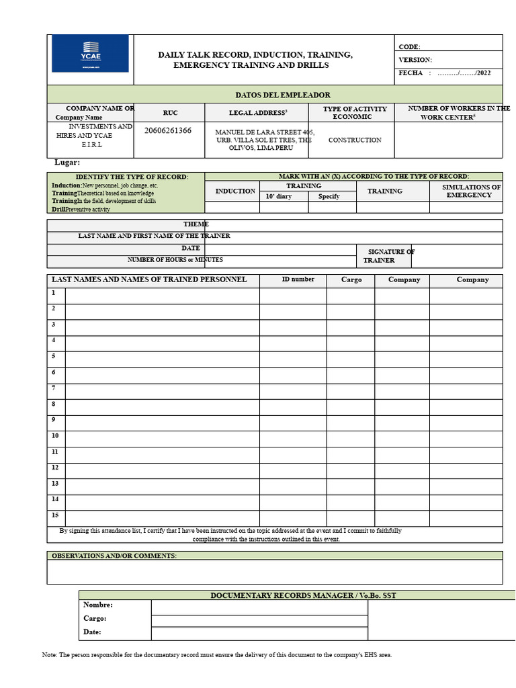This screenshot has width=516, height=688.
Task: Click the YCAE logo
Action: click(x=90, y=54)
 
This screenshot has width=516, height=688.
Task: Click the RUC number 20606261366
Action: click(x=167, y=130)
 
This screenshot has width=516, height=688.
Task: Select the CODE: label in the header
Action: click(x=409, y=47)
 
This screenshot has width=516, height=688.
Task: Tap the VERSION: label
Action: click(x=415, y=60)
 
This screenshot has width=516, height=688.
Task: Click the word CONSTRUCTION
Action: click(x=354, y=140)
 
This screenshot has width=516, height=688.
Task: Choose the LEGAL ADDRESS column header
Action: click(x=257, y=113)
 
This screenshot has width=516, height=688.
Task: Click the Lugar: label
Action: click(x=67, y=163)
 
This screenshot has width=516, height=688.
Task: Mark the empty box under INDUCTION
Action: click(x=232, y=208)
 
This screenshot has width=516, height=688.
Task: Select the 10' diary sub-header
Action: click(x=279, y=197)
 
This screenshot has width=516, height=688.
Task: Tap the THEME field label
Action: click(x=196, y=224)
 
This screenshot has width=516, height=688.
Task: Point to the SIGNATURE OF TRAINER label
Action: click(x=389, y=256)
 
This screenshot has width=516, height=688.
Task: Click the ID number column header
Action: click(x=298, y=279)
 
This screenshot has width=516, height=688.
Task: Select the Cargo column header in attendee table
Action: click(x=351, y=279)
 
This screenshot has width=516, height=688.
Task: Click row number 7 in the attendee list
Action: click(x=54, y=388)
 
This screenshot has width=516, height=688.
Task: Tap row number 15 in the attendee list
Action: click(x=55, y=515)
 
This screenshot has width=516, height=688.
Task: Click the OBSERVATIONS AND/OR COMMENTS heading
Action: click(x=114, y=556)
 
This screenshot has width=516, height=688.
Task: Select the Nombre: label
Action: click(x=98, y=605)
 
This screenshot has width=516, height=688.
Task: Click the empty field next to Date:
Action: click(x=259, y=634)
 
